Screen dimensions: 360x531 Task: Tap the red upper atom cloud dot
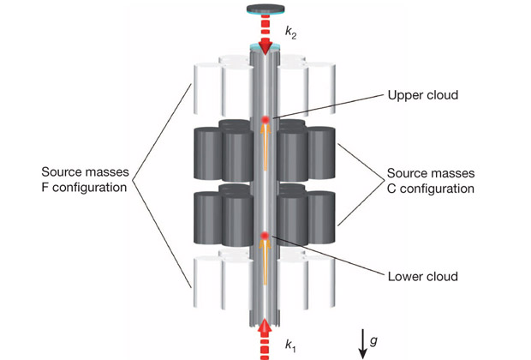265,119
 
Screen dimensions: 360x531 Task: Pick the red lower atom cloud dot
265,236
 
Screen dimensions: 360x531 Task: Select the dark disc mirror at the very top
265,9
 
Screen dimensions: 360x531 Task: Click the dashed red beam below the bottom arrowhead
265,350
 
